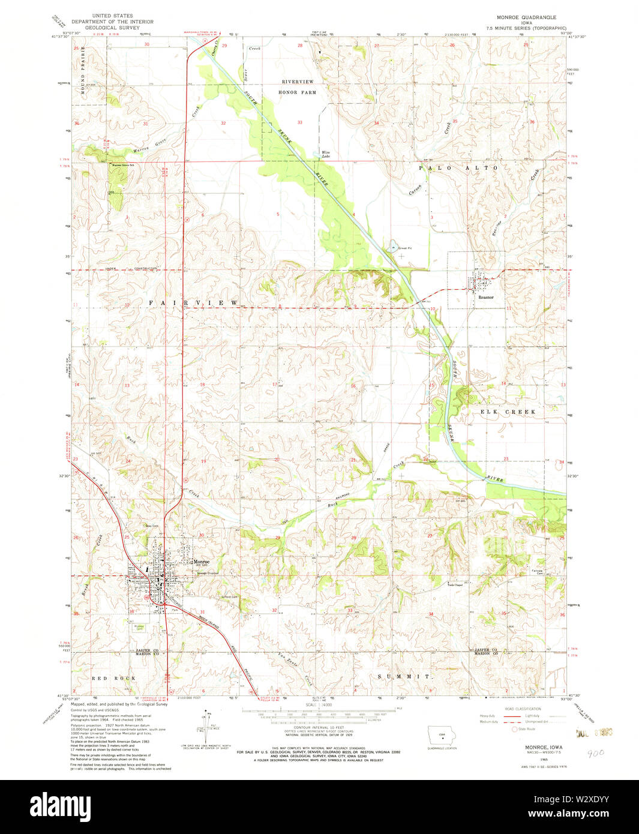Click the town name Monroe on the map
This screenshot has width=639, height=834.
click(x=200, y=562)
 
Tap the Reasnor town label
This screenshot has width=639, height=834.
click(x=485, y=297)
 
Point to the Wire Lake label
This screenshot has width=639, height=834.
click(x=326, y=154)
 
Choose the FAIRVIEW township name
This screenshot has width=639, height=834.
click(x=193, y=303)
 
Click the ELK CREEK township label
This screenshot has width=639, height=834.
click(x=507, y=412)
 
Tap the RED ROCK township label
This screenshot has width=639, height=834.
click(x=113, y=678)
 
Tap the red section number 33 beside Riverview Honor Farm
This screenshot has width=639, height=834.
click(x=299, y=122)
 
